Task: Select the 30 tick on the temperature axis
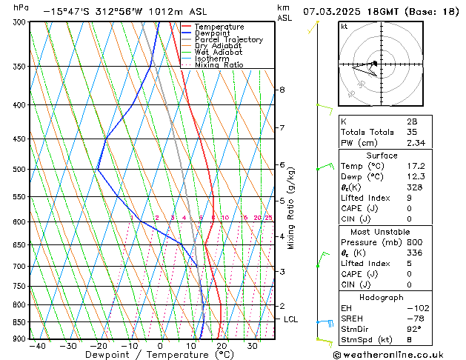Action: click(x=253, y=346)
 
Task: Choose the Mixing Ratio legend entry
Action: click(x=219, y=65)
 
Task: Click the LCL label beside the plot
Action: click(x=291, y=319)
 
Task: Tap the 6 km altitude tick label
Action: click(x=282, y=164)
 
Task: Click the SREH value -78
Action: click(x=412, y=319)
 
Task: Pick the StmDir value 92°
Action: click(x=414, y=330)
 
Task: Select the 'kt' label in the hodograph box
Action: click(x=344, y=27)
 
